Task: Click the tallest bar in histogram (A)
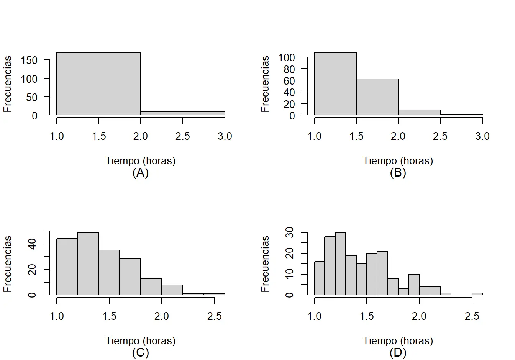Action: pyautogui.click(x=99, y=83)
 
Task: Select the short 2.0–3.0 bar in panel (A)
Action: pyautogui.click(x=183, y=113)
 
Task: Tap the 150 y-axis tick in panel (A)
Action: pyautogui.click(x=30, y=60)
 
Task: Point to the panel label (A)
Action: pyautogui.click(x=140, y=173)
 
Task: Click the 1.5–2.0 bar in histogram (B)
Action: pyautogui.click(x=377, y=97)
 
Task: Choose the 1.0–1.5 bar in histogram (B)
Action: pyautogui.click(x=335, y=83)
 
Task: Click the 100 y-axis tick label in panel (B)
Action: pyautogui.click(x=287, y=57)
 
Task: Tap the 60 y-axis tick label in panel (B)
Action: pyautogui.click(x=290, y=80)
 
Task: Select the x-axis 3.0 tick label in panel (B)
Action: pyautogui.click(x=482, y=136)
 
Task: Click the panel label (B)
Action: pyautogui.click(x=398, y=173)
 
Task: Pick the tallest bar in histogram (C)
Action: pyautogui.click(x=88, y=263)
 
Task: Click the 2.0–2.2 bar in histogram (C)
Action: pyautogui.click(x=172, y=290)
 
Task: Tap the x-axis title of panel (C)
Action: pyautogui.click(x=140, y=340)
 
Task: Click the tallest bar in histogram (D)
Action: pyautogui.click(x=340, y=263)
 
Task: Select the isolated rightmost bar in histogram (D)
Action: pyautogui.click(x=477, y=294)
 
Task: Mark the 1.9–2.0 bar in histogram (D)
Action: pyautogui.click(x=414, y=285)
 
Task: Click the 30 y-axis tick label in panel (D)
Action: pyautogui.click(x=290, y=232)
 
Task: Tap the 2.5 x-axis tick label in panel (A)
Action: pyautogui.click(x=183, y=136)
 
